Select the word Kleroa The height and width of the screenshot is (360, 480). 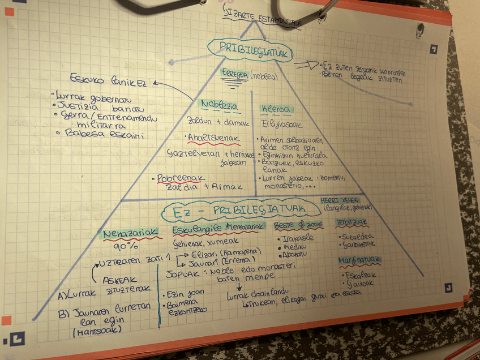click(x=276, y=109)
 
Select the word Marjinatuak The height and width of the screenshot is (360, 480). click(x=359, y=260)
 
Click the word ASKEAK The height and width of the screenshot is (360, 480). click(x=119, y=279)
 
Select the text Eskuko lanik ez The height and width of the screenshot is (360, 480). click(x=108, y=80)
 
